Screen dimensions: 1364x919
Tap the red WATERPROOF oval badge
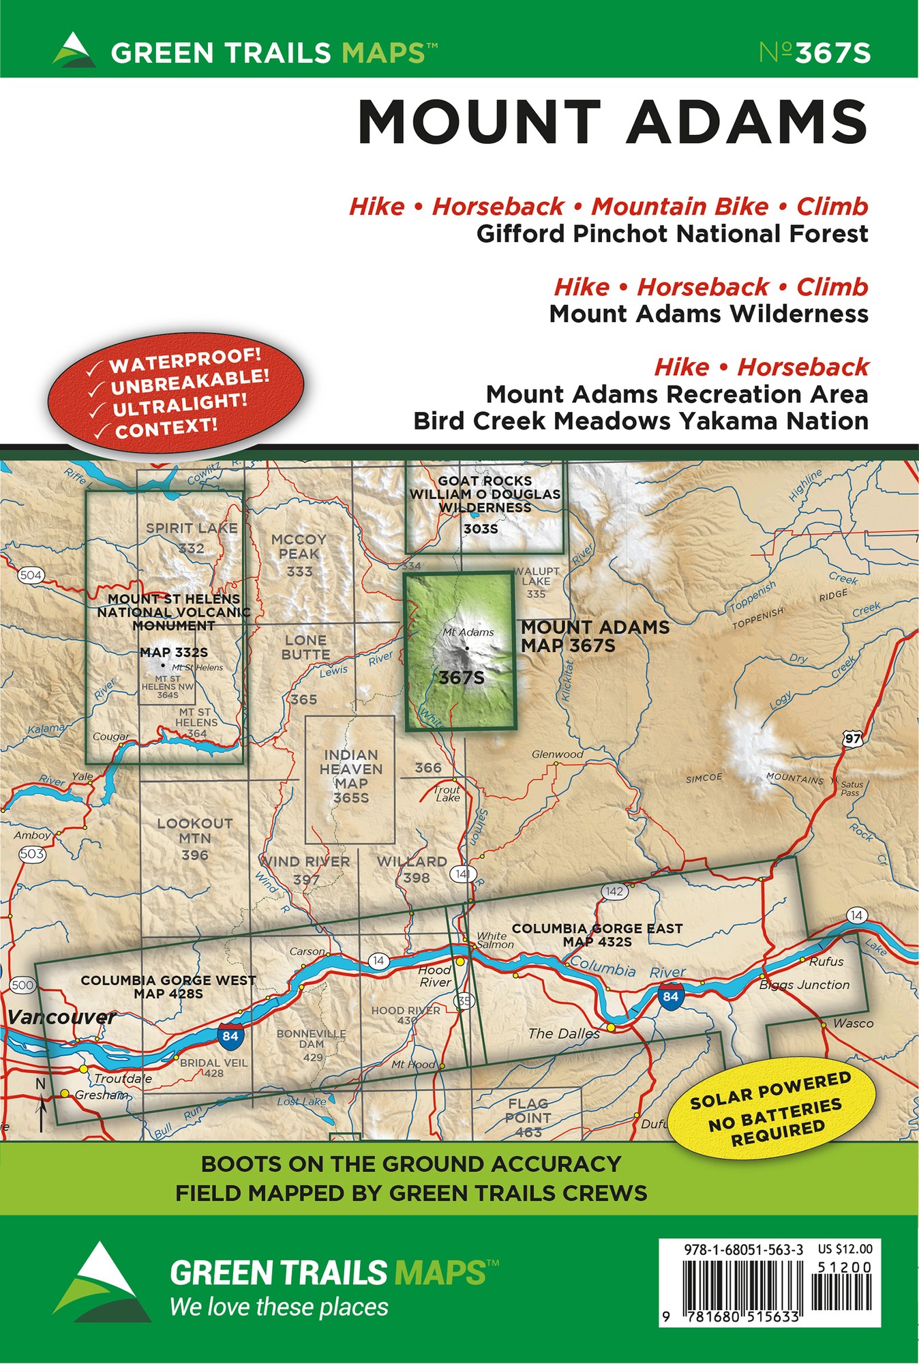tap(176, 394)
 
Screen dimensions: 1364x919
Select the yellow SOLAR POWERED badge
tap(770, 1109)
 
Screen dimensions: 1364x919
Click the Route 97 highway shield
tap(852, 739)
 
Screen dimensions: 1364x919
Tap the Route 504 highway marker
tap(31, 575)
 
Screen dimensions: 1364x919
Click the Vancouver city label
tap(61, 1018)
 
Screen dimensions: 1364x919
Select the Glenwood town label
tap(557, 754)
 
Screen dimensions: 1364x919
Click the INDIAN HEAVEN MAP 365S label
tap(350, 776)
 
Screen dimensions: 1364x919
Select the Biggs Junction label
tap(804, 985)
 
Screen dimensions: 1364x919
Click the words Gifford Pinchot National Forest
tap(672, 234)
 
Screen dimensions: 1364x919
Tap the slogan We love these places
tap(279, 1307)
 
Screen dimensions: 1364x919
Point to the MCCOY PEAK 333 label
tap(299, 554)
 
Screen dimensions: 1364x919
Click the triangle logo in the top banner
tap(74, 50)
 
